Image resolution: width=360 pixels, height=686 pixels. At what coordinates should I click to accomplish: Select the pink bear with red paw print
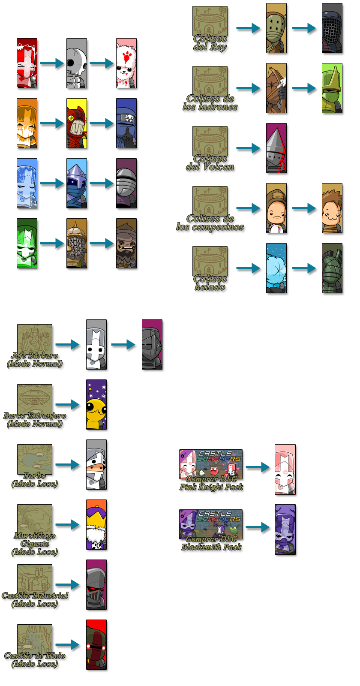coord(127,64)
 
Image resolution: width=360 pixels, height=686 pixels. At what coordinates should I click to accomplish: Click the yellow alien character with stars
coord(97,405)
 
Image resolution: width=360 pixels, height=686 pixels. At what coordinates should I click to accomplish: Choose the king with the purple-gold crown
coord(97,525)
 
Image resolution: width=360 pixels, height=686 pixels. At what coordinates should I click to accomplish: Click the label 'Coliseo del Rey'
coord(210,42)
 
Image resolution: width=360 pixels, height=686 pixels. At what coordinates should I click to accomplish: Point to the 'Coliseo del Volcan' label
coord(210,162)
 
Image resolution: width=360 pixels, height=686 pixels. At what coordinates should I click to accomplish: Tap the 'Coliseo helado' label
coord(210,283)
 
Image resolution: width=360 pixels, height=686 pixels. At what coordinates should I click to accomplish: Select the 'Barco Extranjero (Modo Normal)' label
coord(35,420)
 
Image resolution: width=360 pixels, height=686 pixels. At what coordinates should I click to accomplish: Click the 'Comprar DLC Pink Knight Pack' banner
coord(211,470)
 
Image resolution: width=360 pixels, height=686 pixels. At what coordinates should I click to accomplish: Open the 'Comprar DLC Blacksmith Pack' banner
coord(211,530)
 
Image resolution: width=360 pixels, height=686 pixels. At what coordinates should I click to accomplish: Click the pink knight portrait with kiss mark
coord(285,470)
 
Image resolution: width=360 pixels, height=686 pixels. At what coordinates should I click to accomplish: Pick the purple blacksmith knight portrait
coord(285,530)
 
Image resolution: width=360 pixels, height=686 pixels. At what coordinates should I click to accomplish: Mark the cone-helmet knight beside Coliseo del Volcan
coord(277,149)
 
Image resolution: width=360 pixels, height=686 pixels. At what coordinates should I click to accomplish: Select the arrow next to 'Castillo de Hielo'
coord(69,644)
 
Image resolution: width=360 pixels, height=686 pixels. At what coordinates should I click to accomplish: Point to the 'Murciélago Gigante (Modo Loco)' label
coord(35,544)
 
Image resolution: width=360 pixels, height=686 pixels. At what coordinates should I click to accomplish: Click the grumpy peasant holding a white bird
coord(277,209)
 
